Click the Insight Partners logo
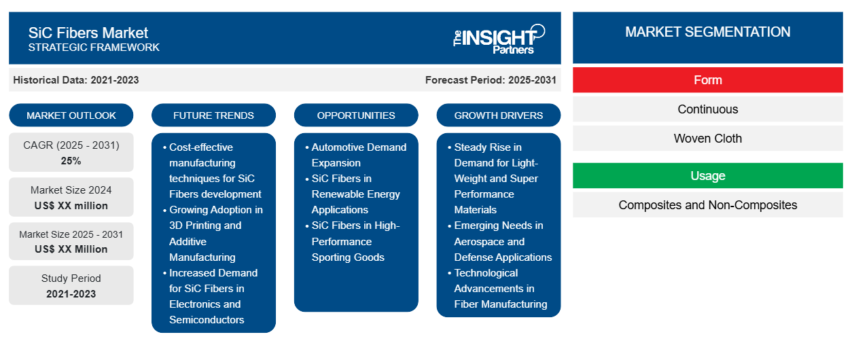point(499,39)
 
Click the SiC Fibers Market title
point(88,33)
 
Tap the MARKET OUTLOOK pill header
point(71,115)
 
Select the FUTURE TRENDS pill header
point(213,115)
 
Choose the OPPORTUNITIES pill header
point(356,115)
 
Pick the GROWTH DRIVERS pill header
point(498,115)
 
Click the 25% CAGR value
point(71,161)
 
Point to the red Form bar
point(707,80)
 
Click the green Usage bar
point(707,176)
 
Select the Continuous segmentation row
point(707,109)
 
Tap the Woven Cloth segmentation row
point(707,139)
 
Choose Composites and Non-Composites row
point(707,205)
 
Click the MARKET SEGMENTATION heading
point(707,32)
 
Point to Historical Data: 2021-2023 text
point(76,80)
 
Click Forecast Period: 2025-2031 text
point(491,80)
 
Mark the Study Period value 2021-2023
point(71,294)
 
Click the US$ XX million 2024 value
point(71,206)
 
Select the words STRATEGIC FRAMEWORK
point(94,48)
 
